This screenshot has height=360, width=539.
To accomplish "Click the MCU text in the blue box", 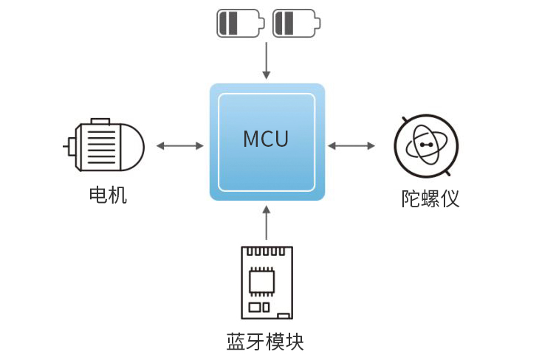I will click(x=266, y=139).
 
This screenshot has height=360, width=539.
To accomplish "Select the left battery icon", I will click(x=239, y=23).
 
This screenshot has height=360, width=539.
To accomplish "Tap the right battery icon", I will click(x=295, y=23).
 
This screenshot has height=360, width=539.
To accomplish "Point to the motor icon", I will click(x=105, y=145).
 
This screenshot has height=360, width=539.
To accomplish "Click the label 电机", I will click(x=108, y=195).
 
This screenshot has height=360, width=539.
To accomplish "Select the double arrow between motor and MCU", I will click(x=179, y=146).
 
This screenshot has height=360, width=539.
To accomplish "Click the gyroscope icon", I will click(x=424, y=145).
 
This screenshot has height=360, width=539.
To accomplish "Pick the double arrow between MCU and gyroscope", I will click(x=351, y=146).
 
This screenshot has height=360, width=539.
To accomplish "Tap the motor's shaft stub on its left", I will click(x=67, y=145).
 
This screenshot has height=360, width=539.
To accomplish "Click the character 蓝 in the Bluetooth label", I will click(x=236, y=342).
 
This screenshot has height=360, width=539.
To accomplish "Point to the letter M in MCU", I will click(x=250, y=139).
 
